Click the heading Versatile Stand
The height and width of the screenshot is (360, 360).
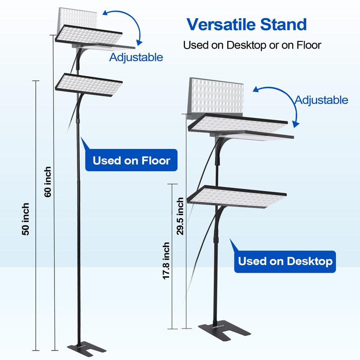(247, 24)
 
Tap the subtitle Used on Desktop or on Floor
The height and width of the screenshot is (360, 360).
(252, 45)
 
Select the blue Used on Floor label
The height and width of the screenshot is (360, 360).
(131, 160)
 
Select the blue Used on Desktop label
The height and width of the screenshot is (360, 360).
(285, 261)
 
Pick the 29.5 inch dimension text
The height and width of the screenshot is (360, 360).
(180, 216)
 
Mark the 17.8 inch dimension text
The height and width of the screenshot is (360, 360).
(166, 261)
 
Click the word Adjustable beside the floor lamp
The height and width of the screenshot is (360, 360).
(136, 58)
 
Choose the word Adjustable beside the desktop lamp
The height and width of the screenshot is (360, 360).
(321, 100)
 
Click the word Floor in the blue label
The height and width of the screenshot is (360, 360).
(156, 160)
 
